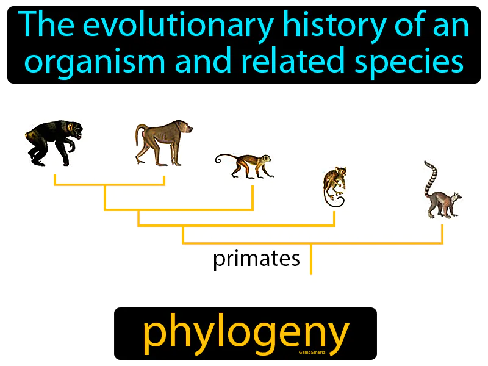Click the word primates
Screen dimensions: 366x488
(256, 259)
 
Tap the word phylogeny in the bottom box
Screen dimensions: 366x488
(245, 332)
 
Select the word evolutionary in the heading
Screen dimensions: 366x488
(194, 26)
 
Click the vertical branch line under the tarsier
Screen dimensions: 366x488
(334, 217)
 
